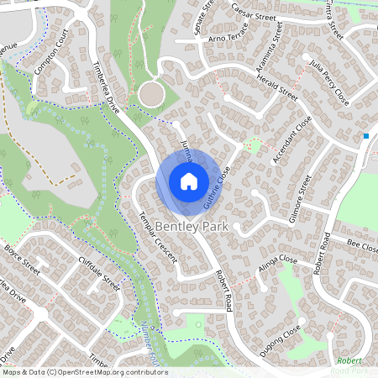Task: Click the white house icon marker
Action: [188, 181]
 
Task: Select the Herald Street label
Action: [278, 86]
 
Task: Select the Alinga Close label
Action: [276, 265]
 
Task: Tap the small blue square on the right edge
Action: [366, 135]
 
